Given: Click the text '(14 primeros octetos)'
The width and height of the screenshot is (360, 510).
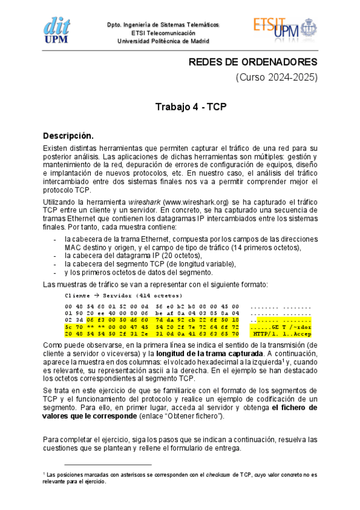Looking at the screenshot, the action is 261,247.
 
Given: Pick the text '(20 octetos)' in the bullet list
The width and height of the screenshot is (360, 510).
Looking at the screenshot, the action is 172,256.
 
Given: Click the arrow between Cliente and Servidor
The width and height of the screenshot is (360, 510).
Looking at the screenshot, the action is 95,296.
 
